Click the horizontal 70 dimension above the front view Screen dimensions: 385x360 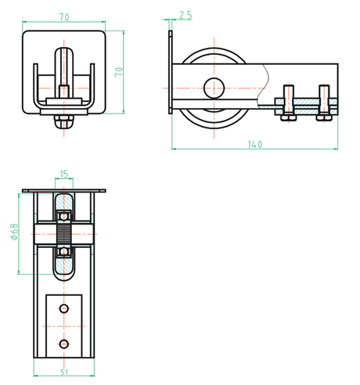coord(63,16)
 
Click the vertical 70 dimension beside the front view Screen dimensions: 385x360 coord(119,71)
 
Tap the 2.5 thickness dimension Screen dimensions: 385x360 coord(185,15)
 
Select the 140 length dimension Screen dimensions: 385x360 coord(255,144)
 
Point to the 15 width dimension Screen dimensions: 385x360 coord(63,175)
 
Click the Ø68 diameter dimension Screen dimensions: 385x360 coord(15,232)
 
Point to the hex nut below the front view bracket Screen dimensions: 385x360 coord(63,120)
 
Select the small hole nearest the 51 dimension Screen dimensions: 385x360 coord(64,344)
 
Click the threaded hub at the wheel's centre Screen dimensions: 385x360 coord(63,232)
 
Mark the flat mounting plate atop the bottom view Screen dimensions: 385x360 coord(63,190)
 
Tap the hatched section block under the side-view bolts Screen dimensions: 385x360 coord(306,102)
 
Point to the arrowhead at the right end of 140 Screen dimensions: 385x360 coord(334,148)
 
